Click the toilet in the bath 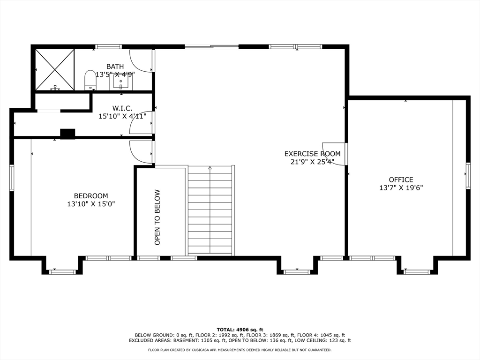tap(90, 80)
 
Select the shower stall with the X tap(55, 70)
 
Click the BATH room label tap(115, 67)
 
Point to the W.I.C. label tap(122, 108)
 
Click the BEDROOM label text tap(91, 196)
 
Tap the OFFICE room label tap(401, 180)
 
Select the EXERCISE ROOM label tap(312, 154)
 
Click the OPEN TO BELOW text tap(157, 217)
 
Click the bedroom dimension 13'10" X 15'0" tap(91, 204)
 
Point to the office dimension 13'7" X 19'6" tap(401, 187)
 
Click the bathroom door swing tap(141, 60)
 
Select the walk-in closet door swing tap(141, 123)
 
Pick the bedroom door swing tap(141, 152)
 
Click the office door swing tap(334, 154)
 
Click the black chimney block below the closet tap(67, 134)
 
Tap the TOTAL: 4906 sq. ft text tap(240, 330)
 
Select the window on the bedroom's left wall tap(12, 178)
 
